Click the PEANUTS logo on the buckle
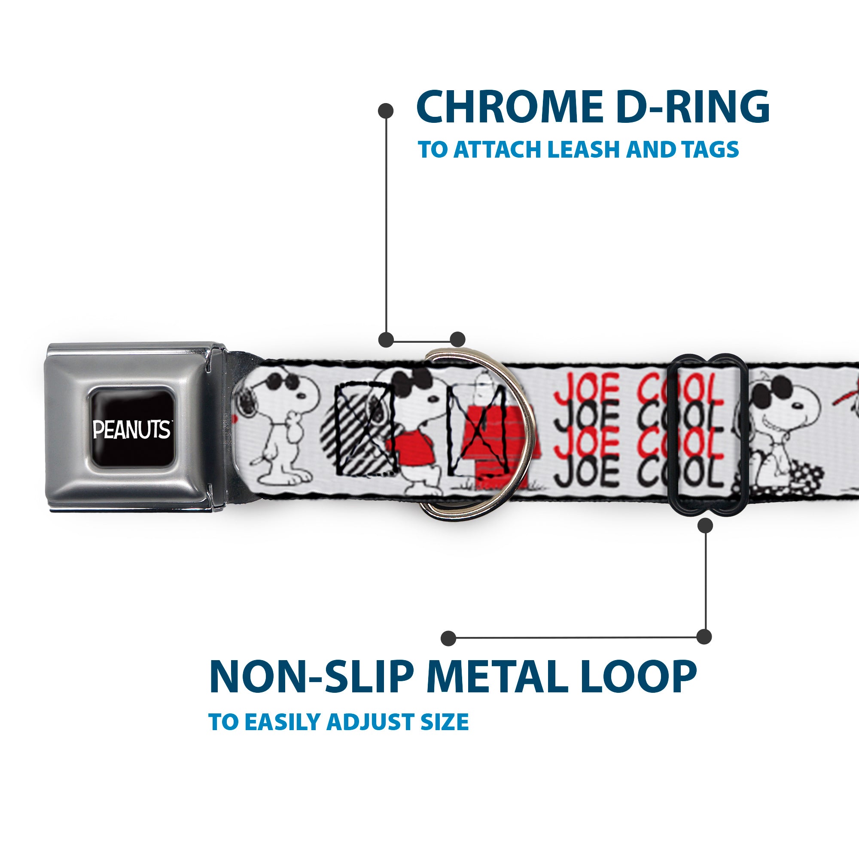131,429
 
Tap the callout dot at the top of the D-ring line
386,111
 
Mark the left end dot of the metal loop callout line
449,638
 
